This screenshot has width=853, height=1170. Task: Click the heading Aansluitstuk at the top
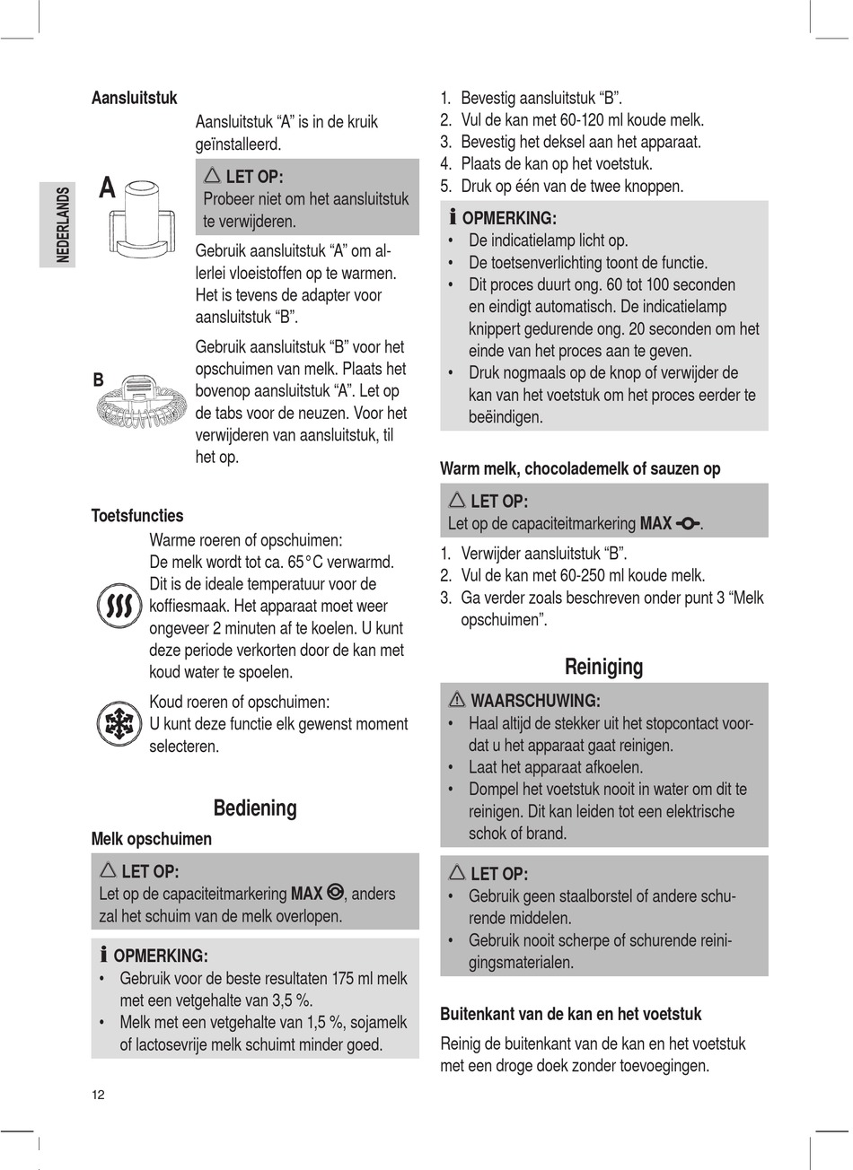click(135, 98)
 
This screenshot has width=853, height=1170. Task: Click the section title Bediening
click(255, 808)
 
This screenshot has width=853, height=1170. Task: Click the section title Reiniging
click(603, 667)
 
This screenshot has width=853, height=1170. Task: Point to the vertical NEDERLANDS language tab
click(62, 224)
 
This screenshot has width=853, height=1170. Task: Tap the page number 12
click(98, 1095)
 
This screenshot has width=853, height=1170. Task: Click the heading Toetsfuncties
click(137, 516)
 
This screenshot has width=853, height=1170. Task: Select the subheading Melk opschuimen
click(152, 840)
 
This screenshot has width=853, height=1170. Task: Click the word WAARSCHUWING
click(535, 701)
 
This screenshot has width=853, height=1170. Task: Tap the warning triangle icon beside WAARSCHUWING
click(456, 701)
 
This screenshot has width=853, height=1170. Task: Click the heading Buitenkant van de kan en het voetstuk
click(570, 1014)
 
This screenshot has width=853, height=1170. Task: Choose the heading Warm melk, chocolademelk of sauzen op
click(580, 468)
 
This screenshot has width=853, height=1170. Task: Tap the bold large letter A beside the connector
click(107, 189)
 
